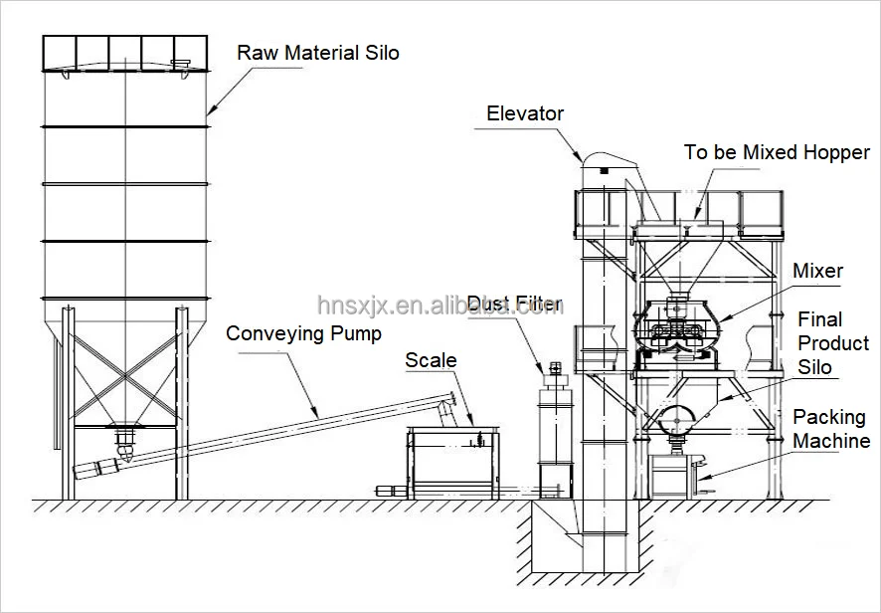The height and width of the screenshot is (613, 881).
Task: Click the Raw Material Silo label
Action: pyautogui.click(x=317, y=52)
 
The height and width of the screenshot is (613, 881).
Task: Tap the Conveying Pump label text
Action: pyautogui.click(x=303, y=333)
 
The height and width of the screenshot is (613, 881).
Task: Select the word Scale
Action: pyautogui.click(x=431, y=360)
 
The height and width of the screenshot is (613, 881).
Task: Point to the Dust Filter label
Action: pyautogui.click(x=515, y=304)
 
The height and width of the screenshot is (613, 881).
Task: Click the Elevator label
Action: pyautogui.click(x=525, y=113)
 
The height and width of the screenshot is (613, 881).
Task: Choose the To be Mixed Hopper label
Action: pyautogui.click(x=777, y=153)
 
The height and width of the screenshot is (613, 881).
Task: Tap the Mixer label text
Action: pyautogui.click(x=817, y=271)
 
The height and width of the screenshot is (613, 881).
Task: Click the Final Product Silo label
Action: pyautogui.click(x=833, y=343)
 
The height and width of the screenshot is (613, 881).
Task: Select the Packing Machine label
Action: pyautogui.click(x=831, y=429)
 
